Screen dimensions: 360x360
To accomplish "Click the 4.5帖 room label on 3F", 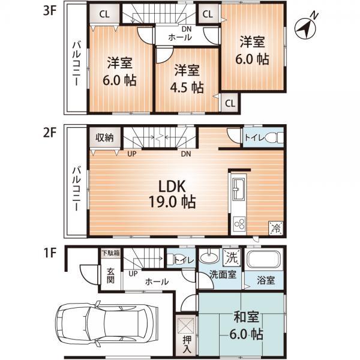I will tap(188, 78).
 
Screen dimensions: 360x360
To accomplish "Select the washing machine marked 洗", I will tap(231, 257).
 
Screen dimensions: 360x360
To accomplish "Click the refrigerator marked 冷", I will tap(276, 227).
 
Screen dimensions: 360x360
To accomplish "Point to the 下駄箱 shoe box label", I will tap(110, 253).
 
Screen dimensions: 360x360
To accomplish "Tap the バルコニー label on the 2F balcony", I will tap(77, 185).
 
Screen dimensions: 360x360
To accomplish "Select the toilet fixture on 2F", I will tap(270, 137).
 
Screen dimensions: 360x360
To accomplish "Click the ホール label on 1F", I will tap(155, 281).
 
